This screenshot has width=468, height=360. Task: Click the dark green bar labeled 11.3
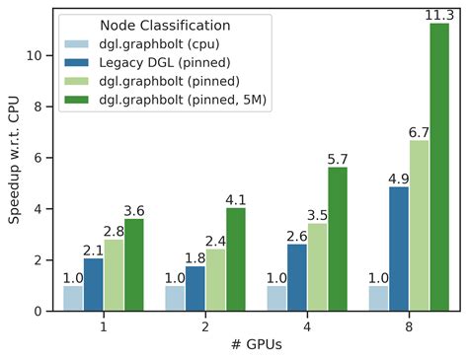coord(438,168)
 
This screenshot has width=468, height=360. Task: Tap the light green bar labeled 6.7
coord(418,226)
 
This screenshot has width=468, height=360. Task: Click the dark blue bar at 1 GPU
coord(94,284)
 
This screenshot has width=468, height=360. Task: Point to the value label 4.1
coord(236,198)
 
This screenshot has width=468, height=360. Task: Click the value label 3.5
coord(317,214)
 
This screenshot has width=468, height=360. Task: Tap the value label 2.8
coord(114,231)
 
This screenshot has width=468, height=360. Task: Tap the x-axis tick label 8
coord(408,327)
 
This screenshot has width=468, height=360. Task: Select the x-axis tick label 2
coord(205,327)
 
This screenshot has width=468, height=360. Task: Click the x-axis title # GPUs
coord(256,347)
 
